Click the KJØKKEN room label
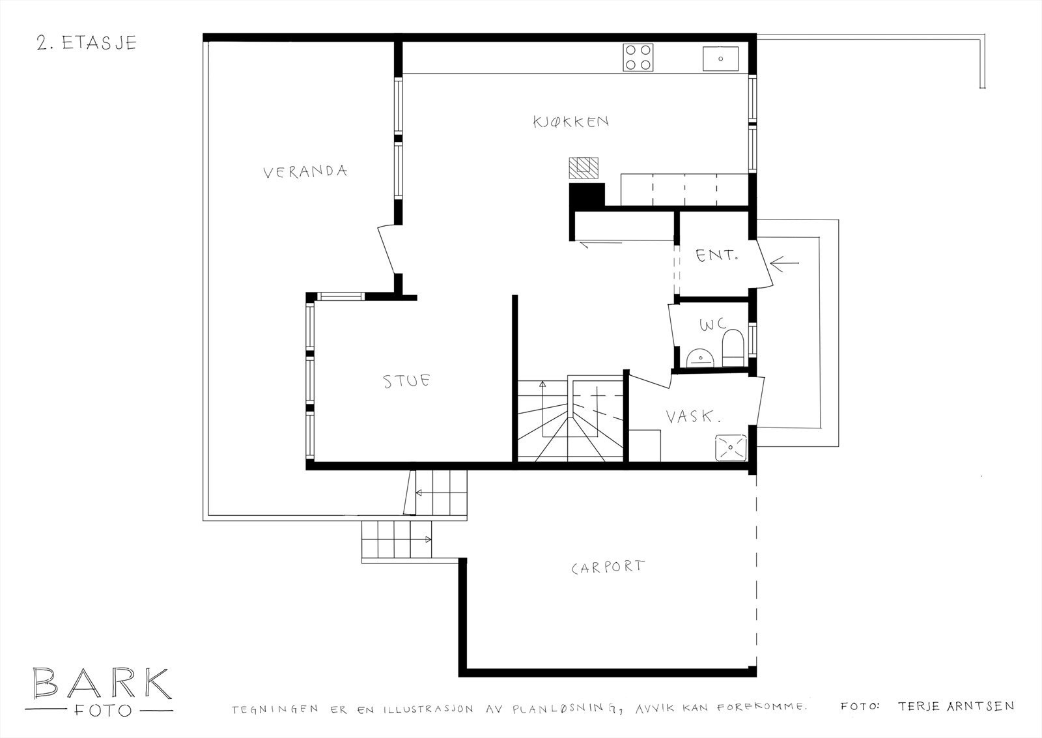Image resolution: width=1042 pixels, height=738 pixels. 570,122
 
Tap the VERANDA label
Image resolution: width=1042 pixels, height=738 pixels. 305,172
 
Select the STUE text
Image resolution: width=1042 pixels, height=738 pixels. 406,381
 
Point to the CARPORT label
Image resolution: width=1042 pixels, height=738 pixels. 608,567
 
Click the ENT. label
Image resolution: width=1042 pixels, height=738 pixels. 717,255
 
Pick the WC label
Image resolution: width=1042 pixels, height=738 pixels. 712,324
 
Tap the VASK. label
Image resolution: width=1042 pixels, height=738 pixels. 693,416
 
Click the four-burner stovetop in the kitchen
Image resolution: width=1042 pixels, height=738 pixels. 638,58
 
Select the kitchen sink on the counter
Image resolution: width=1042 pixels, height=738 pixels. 720,59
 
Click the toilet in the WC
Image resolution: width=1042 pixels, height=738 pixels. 733,348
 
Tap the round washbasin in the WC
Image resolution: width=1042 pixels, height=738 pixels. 700,358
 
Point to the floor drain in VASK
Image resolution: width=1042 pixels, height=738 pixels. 731,447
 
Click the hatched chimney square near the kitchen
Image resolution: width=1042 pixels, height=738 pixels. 584,168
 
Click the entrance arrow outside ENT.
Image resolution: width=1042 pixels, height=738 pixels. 784,264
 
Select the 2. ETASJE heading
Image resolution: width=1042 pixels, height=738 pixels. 87,43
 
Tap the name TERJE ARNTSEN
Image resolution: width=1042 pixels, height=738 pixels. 956,706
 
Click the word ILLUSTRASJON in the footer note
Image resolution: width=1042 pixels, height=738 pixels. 429,709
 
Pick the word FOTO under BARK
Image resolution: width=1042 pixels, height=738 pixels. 103,711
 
